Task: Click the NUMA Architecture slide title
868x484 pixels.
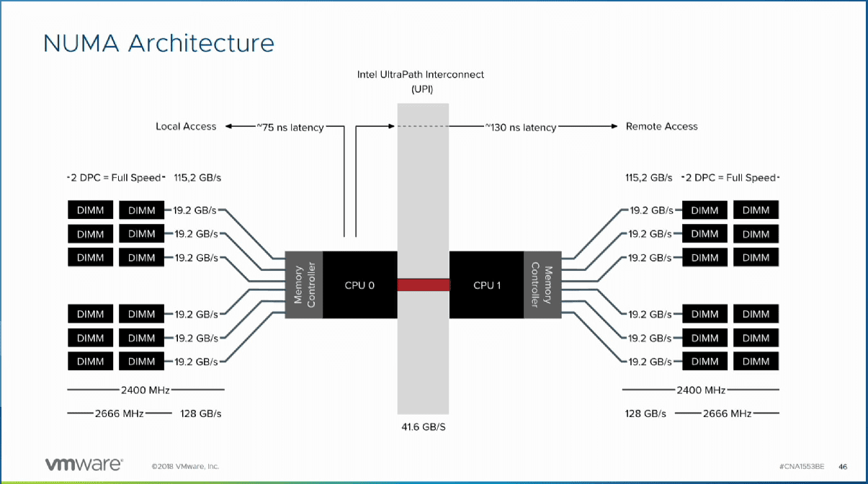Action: coord(158,42)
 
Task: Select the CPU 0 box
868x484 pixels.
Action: coord(359,285)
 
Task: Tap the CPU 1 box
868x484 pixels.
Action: coord(487,285)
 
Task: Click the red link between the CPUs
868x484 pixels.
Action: coord(423,285)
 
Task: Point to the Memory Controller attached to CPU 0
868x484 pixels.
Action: coord(304,285)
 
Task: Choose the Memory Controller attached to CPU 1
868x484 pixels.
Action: coord(541,285)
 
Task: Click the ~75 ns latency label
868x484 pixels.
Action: coord(290,127)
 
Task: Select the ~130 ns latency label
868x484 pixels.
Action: coord(520,127)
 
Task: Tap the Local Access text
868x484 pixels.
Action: coord(186,126)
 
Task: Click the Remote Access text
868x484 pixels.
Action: coord(661,126)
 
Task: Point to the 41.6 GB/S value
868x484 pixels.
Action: coord(423,426)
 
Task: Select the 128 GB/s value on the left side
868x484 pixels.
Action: coord(200,413)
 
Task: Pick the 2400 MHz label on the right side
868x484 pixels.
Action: coord(700,390)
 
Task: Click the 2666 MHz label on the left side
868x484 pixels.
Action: coord(119,413)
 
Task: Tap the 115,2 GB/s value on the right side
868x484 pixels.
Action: coord(648,177)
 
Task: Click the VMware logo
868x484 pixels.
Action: coord(84,465)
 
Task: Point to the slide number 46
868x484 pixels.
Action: coord(842,466)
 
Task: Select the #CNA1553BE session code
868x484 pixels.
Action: coord(803,466)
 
